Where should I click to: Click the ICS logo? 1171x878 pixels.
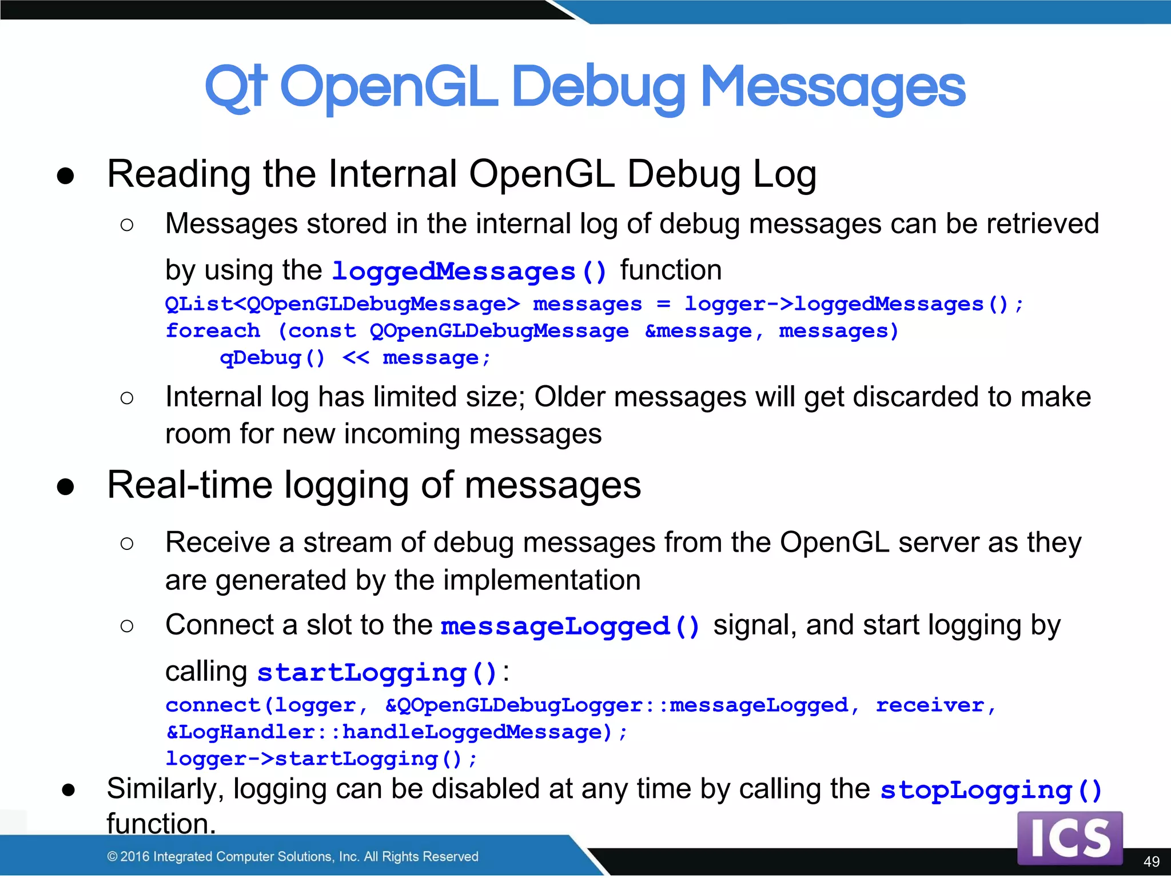[x=1069, y=838]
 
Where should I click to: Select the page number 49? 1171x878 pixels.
[x=1151, y=861]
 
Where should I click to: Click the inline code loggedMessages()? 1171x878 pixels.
[x=469, y=272]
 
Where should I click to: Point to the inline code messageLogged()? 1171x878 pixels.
[x=570, y=626]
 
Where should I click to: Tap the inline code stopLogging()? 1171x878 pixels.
[x=990, y=791]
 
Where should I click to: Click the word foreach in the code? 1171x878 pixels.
[x=213, y=331]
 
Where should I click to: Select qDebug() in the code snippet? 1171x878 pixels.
[x=273, y=358]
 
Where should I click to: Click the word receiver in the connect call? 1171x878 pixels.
[x=930, y=705]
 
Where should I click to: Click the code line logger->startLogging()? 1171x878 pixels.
[x=321, y=759]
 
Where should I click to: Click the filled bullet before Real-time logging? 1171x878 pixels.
[x=66, y=486]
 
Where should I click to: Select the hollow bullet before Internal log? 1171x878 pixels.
[x=127, y=398]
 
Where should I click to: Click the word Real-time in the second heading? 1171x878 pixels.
[x=189, y=485]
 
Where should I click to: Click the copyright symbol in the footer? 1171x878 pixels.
[x=112, y=856]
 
